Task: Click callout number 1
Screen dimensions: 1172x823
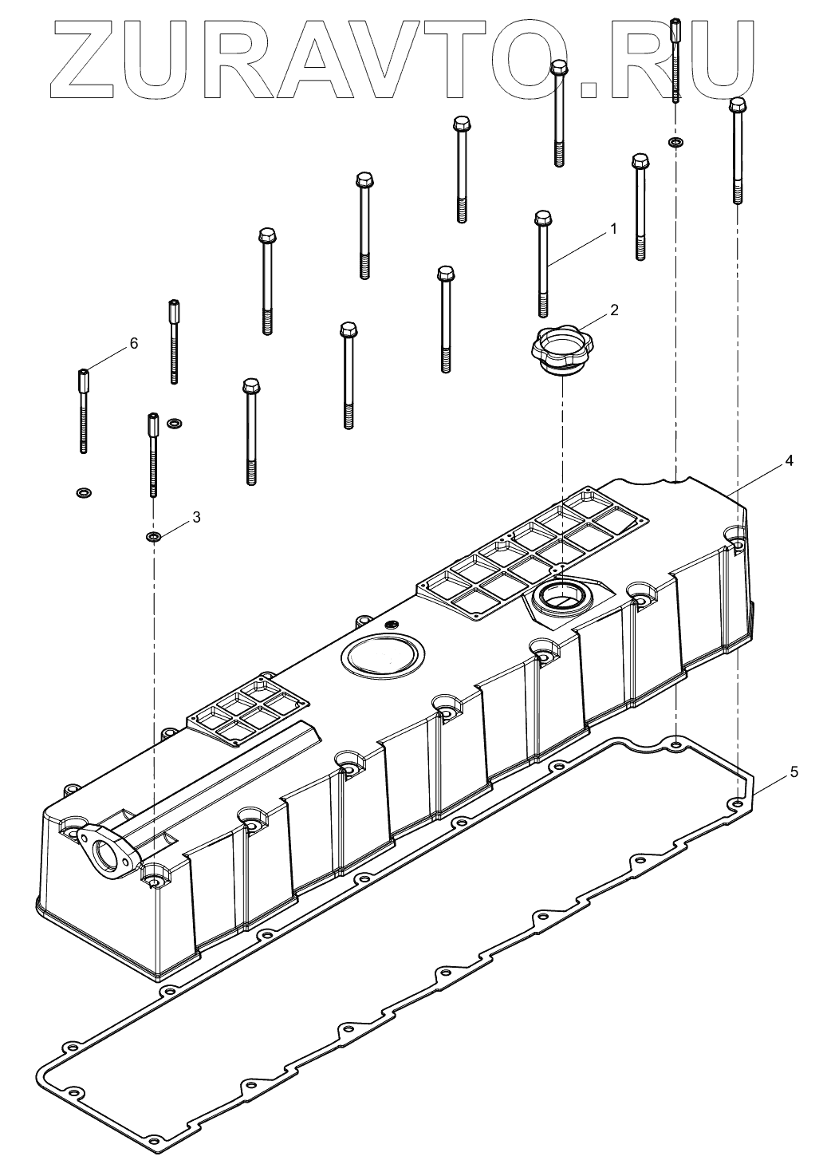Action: tap(613, 229)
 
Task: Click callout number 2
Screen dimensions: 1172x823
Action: tap(613, 310)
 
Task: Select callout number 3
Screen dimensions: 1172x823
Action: tap(195, 517)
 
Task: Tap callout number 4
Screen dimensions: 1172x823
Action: tap(789, 460)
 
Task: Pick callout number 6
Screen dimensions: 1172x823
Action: tap(133, 343)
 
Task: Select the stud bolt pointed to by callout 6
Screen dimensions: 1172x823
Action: tap(82, 411)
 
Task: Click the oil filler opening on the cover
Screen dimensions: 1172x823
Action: tap(561, 594)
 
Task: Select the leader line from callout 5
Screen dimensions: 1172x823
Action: tap(769, 781)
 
